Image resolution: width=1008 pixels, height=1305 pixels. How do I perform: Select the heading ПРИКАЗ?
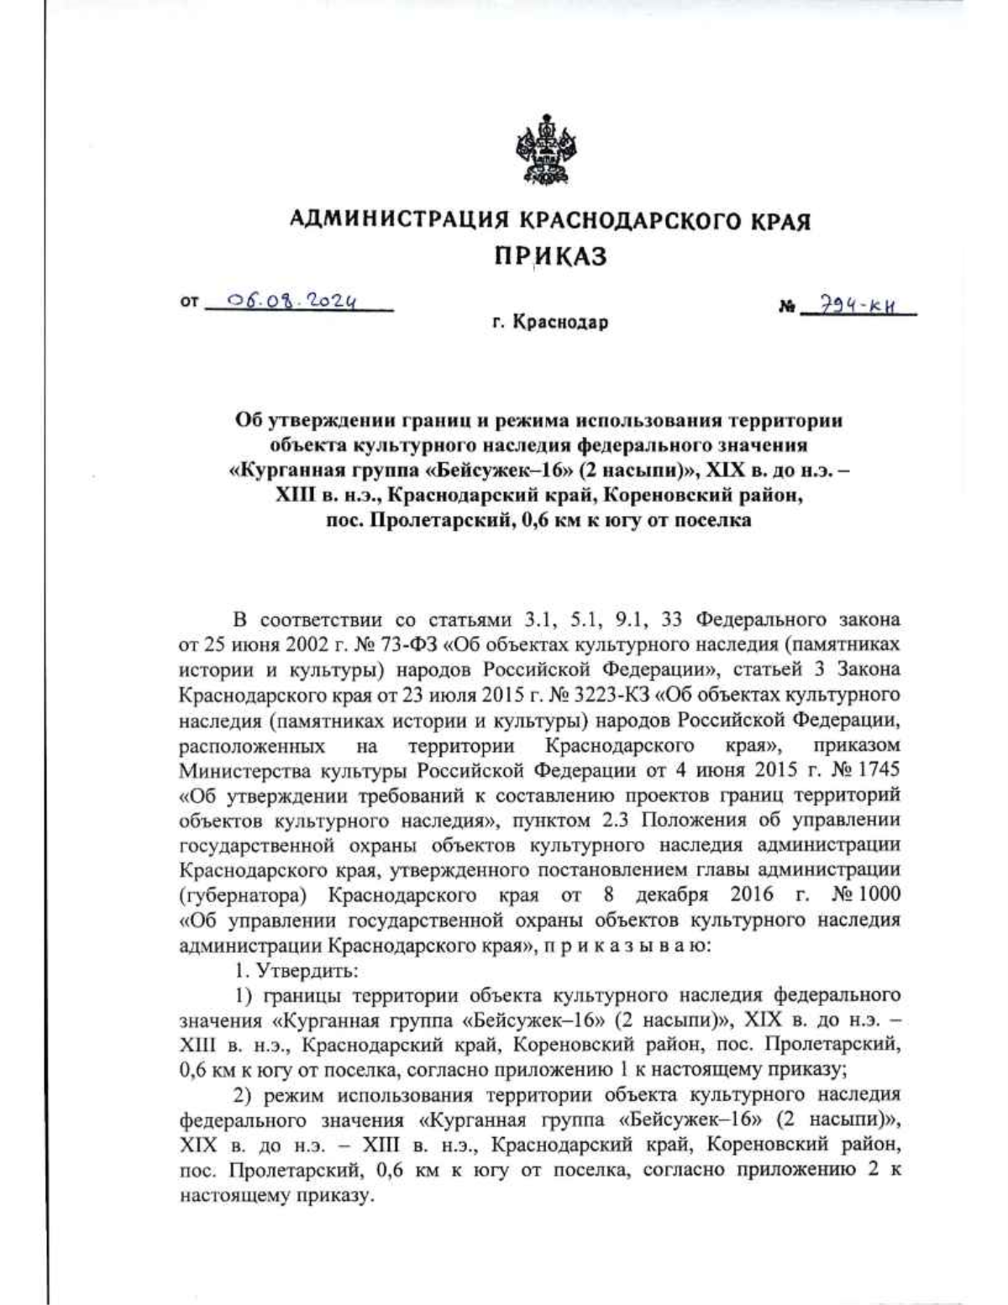tap(549, 257)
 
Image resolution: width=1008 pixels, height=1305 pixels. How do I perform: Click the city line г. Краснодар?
tap(550, 322)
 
